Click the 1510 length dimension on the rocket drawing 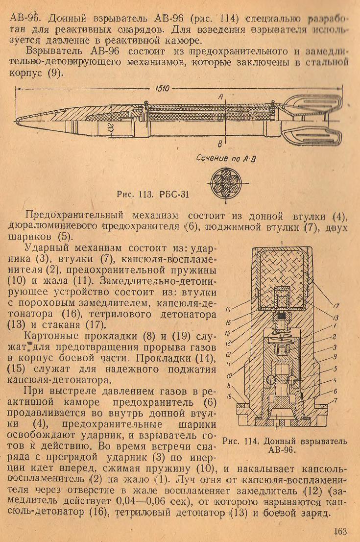[x=163, y=89]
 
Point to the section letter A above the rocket [x=220, y=97]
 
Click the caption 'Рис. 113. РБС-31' [x=153, y=194]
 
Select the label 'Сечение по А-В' [x=226, y=159]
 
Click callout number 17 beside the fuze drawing [x=336, y=306]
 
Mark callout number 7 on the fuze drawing [x=336, y=401]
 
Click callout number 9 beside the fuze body [x=335, y=357]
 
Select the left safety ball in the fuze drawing [x=272, y=380]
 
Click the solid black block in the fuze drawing [x=283, y=316]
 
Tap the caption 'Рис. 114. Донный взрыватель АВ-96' [x=285, y=445]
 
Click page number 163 [x=340, y=531]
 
